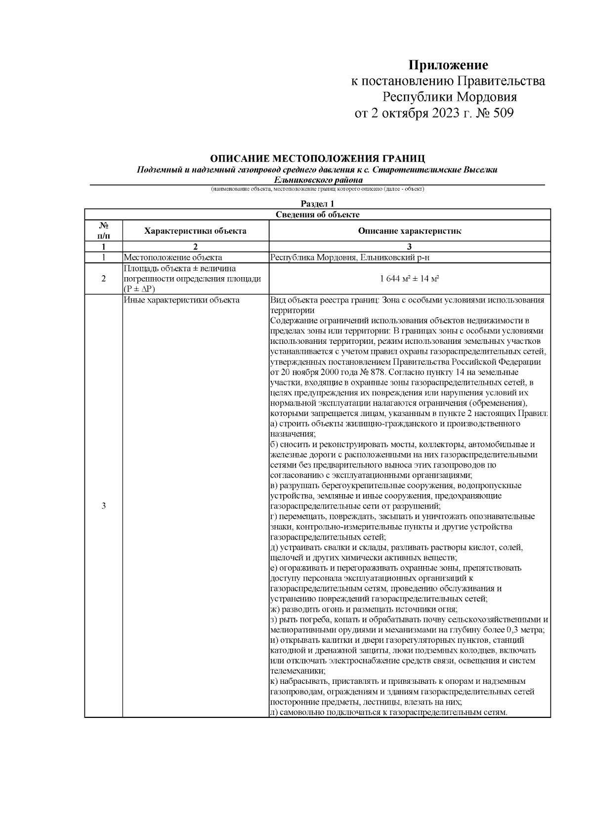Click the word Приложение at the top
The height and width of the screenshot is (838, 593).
448,65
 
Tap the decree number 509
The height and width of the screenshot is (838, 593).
503,114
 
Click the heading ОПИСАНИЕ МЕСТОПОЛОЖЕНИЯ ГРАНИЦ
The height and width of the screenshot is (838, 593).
317,159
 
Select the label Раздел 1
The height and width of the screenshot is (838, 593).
318,204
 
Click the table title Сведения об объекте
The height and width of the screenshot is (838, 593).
317,214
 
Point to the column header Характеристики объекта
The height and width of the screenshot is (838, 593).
195,231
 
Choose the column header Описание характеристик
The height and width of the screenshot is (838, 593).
409,231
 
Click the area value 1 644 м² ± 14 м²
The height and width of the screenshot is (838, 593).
410,279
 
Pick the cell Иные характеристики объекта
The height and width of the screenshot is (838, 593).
181,300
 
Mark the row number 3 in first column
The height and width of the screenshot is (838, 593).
103,506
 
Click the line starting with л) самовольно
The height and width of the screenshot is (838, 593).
389,712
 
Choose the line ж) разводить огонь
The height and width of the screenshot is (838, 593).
364,609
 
